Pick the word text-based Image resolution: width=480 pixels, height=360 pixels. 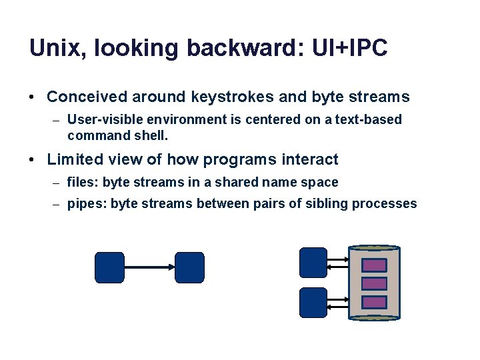(x=370, y=119)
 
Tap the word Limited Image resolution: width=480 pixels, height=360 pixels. (x=73, y=159)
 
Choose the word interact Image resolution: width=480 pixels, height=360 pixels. (x=311, y=159)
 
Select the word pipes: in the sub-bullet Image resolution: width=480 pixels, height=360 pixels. (x=86, y=204)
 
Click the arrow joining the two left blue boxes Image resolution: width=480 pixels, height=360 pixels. (x=149, y=267)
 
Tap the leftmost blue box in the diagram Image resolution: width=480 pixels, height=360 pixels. (x=110, y=267)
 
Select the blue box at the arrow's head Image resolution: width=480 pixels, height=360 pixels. (x=189, y=267)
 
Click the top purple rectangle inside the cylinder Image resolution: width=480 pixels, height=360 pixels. (x=374, y=265)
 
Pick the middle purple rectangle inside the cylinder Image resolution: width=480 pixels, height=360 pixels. (x=374, y=283)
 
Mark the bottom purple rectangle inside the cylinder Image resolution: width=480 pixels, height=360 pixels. (x=374, y=301)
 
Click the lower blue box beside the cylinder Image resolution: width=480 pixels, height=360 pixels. (x=313, y=302)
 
